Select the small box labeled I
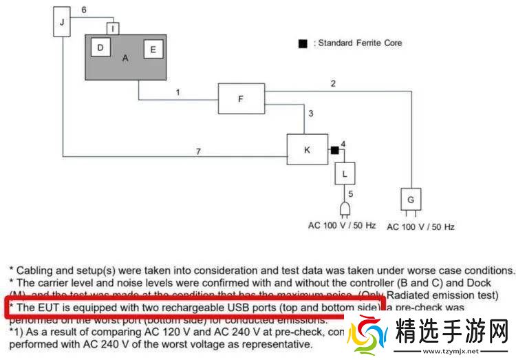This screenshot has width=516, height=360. (114, 28)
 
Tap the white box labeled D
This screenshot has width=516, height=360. (100, 47)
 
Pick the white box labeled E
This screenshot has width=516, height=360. (153, 50)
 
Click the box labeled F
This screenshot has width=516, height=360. (241, 98)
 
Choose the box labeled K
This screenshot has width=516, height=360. (306, 149)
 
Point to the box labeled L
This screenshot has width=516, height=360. (345, 173)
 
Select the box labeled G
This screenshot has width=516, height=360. (411, 199)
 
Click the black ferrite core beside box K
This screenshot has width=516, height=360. (334, 150)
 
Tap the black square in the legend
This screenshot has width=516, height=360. (302, 43)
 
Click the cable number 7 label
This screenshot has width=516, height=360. (198, 151)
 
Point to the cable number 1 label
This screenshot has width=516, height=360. (178, 92)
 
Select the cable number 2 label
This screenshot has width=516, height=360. (333, 84)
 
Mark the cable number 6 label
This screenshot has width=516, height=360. (83, 10)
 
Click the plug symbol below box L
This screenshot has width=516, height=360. (345, 209)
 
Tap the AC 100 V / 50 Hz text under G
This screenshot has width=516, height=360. (420, 226)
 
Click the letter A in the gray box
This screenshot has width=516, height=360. (125, 59)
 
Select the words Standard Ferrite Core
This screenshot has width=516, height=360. (360, 43)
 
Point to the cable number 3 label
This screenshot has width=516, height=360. (311, 114)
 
